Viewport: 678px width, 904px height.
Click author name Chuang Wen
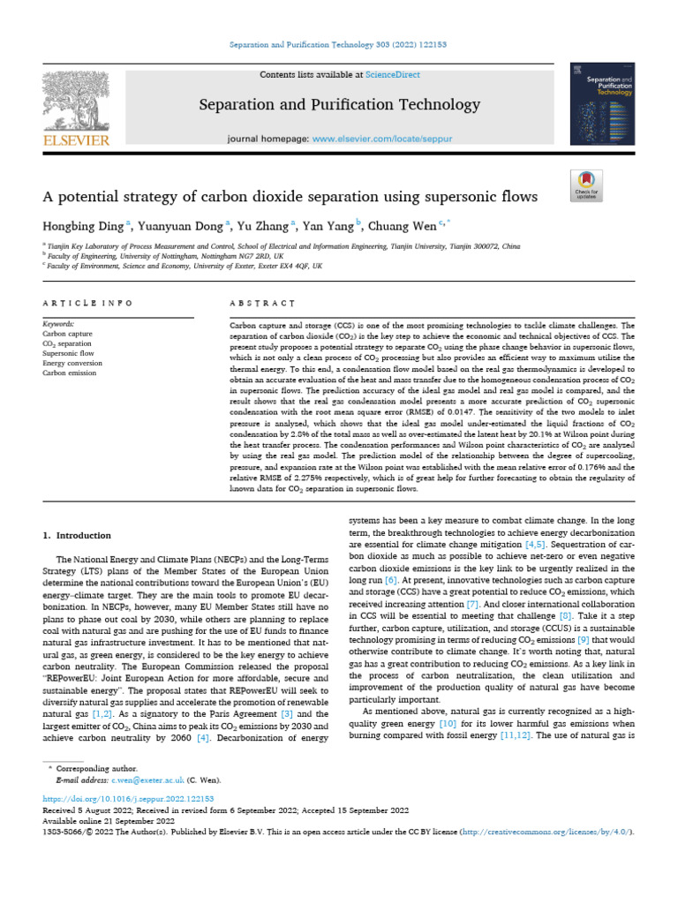point(417,226)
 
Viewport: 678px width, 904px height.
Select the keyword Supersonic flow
point(68,353)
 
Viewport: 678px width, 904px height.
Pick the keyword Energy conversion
point(72,363)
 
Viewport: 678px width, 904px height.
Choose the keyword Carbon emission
point(69,373)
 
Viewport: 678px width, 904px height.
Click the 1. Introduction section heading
point(77,535)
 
